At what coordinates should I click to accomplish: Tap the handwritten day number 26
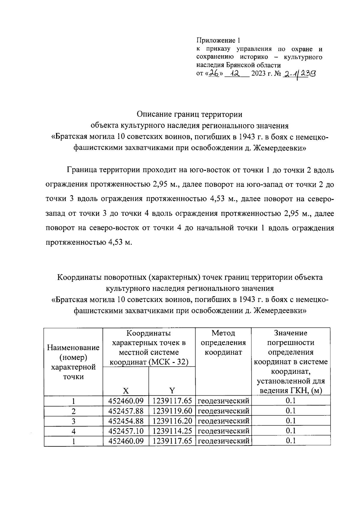pos(213,73)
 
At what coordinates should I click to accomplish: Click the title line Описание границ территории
pos(189,114)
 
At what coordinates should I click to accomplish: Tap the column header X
pos(126,390)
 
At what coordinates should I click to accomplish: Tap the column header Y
pos(172,390)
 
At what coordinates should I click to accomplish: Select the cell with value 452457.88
pos(126,411)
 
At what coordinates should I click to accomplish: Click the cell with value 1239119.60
pos(172,411)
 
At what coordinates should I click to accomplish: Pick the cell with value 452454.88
pos(126,421)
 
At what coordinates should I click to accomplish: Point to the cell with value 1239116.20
pos(172,421)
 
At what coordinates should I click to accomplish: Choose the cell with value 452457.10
pos(126,431)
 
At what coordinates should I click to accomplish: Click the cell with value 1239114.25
pos(172,431)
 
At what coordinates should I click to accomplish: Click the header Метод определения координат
pos(223,343)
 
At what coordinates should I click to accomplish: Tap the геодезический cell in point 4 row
pos(223,431)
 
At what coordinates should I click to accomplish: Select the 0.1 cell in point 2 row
pos(290,411)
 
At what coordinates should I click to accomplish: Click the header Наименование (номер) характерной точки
pos(73,362)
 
